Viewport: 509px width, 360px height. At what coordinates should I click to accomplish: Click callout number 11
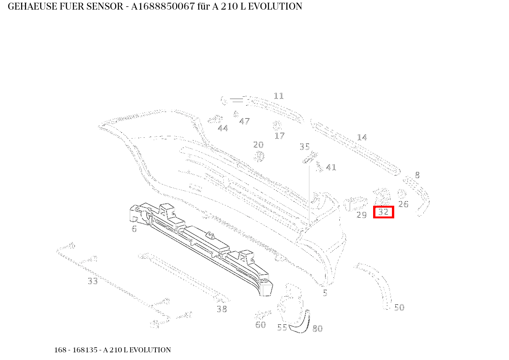[x=278, y=96]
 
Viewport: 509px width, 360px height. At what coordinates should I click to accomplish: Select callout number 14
[x=362, y=137]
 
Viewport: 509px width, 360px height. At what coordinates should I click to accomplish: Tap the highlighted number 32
[x=383, y=212]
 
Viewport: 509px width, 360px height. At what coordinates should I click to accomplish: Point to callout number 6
[x=134, y=229]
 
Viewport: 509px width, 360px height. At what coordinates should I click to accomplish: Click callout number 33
[x=93, y=281]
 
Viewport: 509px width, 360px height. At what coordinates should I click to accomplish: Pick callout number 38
[x=221, y=309]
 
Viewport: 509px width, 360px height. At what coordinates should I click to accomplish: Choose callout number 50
[x=399, y=308]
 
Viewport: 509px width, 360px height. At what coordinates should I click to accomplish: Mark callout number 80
[x=317, y=329]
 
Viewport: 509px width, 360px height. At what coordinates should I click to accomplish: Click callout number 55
[x=282, y=328]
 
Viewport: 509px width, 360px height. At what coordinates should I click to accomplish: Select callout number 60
[x=260, y=325]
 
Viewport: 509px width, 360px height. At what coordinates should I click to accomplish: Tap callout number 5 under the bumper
[x=325, y=293]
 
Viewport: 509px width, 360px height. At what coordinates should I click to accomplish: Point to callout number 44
[x=223, y=129]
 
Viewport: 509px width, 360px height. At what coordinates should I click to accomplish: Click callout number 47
[x=244, y=122]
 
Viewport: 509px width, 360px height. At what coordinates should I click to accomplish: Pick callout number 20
[x=258, y=145]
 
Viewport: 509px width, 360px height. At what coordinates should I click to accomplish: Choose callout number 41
[x=331, y=168]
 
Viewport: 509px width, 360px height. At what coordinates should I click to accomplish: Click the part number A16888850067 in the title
[x=163, y=7]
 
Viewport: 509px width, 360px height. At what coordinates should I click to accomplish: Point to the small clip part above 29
[x=355, y=203]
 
